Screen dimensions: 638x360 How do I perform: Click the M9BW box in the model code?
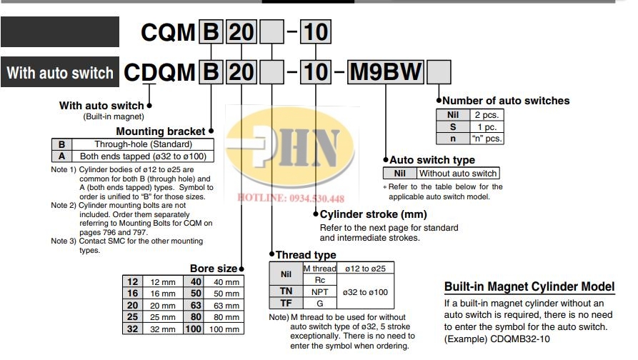pyautogui.click(x=385, y=72)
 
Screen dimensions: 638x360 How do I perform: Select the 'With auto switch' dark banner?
pyautogui.click(x=60, y=72)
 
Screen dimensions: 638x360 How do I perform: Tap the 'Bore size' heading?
pyautogui.click(x=214, y=269)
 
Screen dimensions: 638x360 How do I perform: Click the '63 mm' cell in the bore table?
pyautogui.click(x=224, y=305)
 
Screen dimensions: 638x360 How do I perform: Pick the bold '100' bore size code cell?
pyautogui.click(x=194, y=329)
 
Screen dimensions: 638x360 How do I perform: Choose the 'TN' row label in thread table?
pyautogui.click(x=286, y=291)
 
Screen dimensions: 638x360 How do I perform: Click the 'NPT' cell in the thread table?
pyautogui.click(x=320, y=292)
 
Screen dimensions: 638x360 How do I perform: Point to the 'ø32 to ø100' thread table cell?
pyautogui.click(x=365, y=292)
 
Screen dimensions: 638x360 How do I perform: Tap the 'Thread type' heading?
pyautogui.click(x=306, y=255)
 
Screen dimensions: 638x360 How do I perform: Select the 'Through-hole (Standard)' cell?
pyautogui.click(x=143, y=144)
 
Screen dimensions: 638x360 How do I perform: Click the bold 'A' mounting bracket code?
pyautogui.click(x=62, y=156)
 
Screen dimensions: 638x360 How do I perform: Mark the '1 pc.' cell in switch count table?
pyautogui.click(x=487, y=127)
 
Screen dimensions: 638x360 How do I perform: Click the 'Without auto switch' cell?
pyautogui.click(x=458, y=174)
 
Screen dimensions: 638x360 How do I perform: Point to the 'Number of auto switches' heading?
pyautogui.click(x=506, y=101)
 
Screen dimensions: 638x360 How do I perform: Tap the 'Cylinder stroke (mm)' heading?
pyautogui.click(x=373, y=214)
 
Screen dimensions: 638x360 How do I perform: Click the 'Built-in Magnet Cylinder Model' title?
pyautogui.click(x=529, y=286)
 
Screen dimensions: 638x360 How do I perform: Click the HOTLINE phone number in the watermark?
pyautogui.click(x=291, y=198)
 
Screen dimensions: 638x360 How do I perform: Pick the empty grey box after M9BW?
pyautogui.click(x=439, y=72)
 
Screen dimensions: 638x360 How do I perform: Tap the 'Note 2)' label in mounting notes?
pyautogui.click(x=64, y=206)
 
